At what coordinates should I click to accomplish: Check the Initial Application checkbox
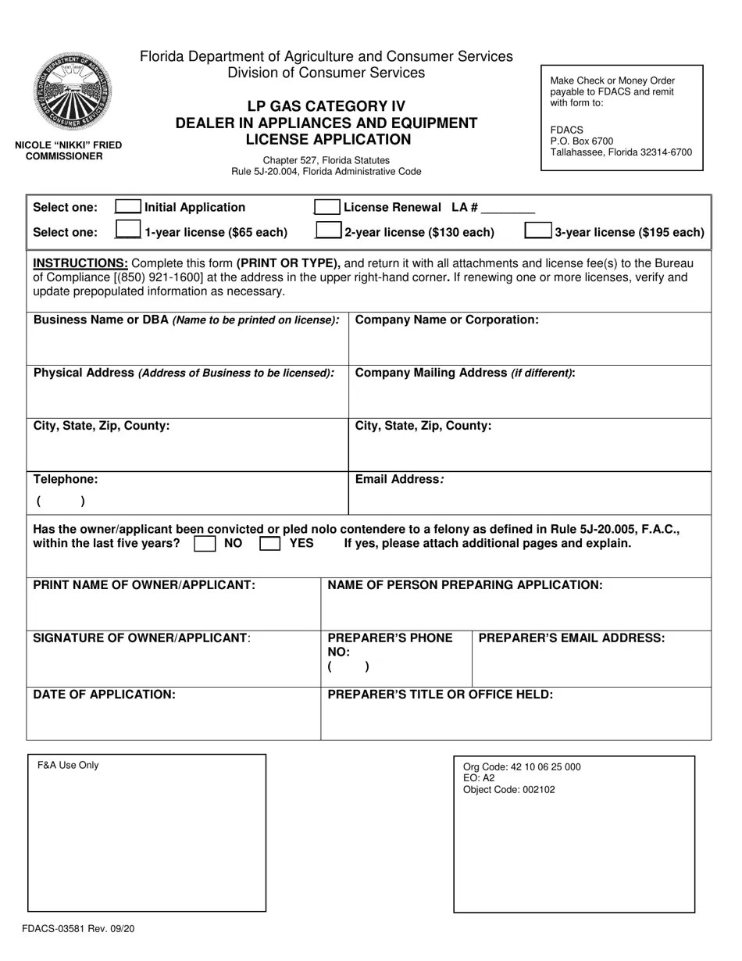pyautogui.click(x=128, y=206)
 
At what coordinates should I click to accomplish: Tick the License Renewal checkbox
pyautogui.click(x=326, y=206)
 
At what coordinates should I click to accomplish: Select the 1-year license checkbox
pyautogui.click(x=128, y=230)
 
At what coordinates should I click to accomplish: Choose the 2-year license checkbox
pyautogui.click(x=328, y=230)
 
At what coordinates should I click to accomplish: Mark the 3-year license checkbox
pyautogui.click(x=537, y=230)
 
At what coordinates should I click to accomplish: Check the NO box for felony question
pyautogui.click(x=205, y=544)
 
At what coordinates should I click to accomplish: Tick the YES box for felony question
pyautogui.click(x=269, y=544)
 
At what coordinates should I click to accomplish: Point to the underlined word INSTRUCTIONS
pyautogui.click(x=80, y=263)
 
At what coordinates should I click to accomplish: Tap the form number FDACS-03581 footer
pyautogui.click(x=78, y=929)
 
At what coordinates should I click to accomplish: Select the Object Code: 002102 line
pyautogui.click(x=508, y=790)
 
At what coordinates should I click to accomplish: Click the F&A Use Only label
pyautogui.click(x=68, y=766)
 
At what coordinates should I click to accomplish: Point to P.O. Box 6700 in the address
pyautogui.click(x=582, y=141)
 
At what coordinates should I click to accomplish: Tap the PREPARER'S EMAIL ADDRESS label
pyautogui.click(x=571, y=638)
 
